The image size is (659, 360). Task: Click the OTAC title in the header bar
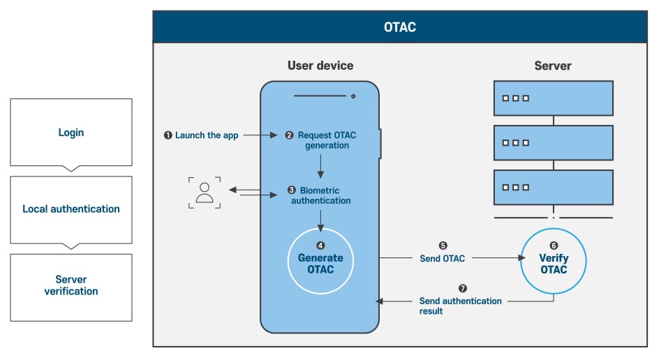click(x=400, y=27)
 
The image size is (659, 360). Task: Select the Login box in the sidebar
click(x=71, y=133)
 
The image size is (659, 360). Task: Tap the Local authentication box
click(x=71, y=209)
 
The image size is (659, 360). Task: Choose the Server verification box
click(x=71, y=285)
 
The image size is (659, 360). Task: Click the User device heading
click(x=320, y=66)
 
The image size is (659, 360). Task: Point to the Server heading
click(x=553, y=66)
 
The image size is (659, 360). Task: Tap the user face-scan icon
click(x=205, y=192)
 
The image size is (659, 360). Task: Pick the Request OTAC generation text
click(x=321, y=140)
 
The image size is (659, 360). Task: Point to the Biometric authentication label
click(x=321, y=195)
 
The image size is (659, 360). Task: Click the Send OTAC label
click(x=442, y=259)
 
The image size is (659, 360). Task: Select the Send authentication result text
click(x=460, y=306)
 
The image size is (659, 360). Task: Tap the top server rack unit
click(x=553, y=98)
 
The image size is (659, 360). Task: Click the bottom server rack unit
click(x=553, y=187)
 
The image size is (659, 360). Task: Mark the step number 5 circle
click(x=443, y=246)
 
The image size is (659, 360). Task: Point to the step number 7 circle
click(x=462, y=287)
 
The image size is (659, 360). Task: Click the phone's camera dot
click(x=353, y=96)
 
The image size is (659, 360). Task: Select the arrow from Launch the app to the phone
click(x=260, y=135)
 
